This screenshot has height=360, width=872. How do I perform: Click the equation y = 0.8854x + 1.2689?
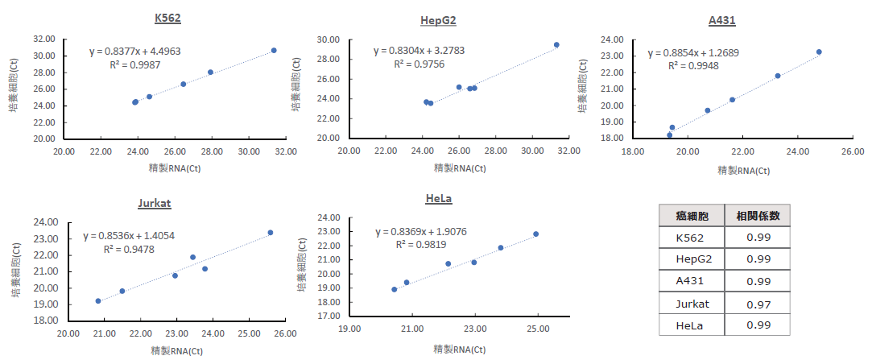coord(693,53)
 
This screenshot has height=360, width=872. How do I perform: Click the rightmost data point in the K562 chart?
coord(274,50)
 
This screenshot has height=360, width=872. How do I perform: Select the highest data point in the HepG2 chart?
coord(556,45)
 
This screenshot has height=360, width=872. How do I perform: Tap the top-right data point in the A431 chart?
coord(819,52)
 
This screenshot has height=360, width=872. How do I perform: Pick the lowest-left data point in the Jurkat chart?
coord(98,301)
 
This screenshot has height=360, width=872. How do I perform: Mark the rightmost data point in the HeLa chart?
coord(535,234)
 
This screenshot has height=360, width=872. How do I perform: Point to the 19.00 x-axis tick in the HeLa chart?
coord(349,329)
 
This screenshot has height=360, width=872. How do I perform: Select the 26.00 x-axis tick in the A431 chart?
coord(853,151)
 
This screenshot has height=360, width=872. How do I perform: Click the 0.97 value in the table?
coord(758,304)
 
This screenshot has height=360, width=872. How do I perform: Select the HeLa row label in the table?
coord(692,325)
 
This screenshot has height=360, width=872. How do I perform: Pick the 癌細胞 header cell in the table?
coord(692,216)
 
